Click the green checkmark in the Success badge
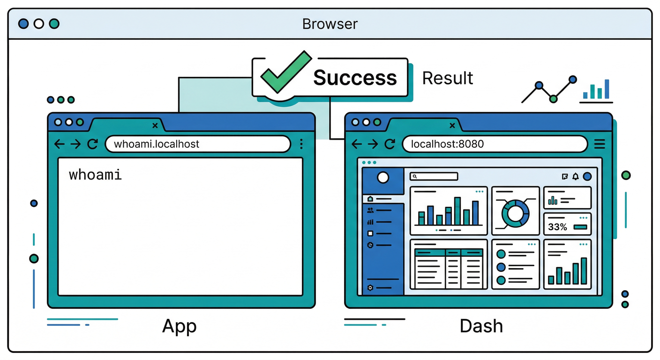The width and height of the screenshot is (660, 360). click(x=284, y=74)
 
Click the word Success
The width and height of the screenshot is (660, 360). click(x=355, y=78)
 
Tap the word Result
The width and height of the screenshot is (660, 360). click(x=447, y=78)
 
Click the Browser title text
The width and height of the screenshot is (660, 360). click(x=330, y=24)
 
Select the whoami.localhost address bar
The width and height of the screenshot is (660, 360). click(x=197, y=144)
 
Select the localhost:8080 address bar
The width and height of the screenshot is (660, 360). click(x=495, y=144)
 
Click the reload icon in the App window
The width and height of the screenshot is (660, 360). click(x=93, y=144)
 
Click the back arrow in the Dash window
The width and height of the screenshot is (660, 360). click(x=357, y=144)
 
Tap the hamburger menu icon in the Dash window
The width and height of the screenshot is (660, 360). click(x=600, y=144)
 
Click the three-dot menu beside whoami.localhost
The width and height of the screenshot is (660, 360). click(x=301, y=144)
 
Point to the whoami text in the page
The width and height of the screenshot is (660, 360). click(x=95, y=175)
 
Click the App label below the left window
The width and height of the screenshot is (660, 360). click(x=179, y=326)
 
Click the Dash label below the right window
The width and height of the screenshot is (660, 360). click(x=481, y=326)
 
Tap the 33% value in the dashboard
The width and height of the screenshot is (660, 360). click(x=557, y=227)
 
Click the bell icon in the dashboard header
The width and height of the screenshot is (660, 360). click(x=575, y=177)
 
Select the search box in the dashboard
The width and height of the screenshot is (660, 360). click(x=434, y=177)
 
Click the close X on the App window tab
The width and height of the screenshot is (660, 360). click(x=155, y=125)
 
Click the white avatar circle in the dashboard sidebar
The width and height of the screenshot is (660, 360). click(x=383, y=178)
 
